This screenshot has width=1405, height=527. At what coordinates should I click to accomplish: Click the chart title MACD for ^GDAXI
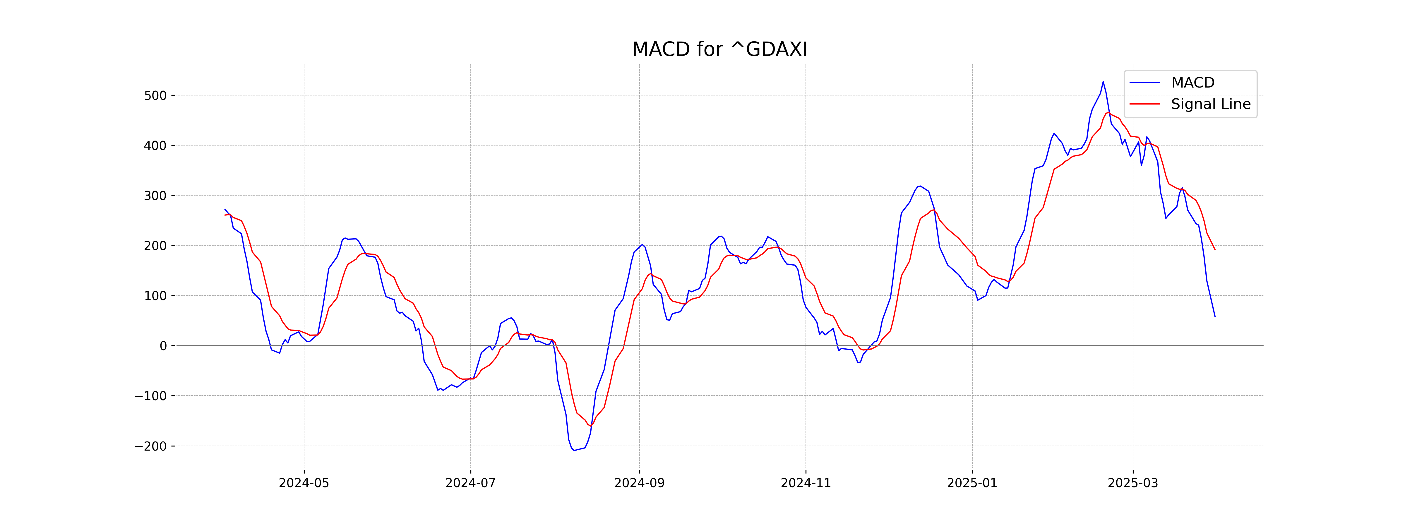point(719,50)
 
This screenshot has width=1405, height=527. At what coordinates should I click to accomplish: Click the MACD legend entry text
point(1193,83)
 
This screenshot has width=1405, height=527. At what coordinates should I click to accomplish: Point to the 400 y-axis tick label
point(155,146)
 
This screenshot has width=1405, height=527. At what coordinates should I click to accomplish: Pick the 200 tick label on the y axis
point(155,246)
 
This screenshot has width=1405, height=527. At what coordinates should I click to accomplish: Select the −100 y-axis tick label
point(150,396)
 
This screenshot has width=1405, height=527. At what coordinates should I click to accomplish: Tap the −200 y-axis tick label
point(150,446)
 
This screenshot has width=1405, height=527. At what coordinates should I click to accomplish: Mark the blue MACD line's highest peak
point(1103,82)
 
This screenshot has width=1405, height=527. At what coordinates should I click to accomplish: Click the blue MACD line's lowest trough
point(574,451)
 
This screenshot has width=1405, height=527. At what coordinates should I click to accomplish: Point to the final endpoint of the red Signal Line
point(1215,250)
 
